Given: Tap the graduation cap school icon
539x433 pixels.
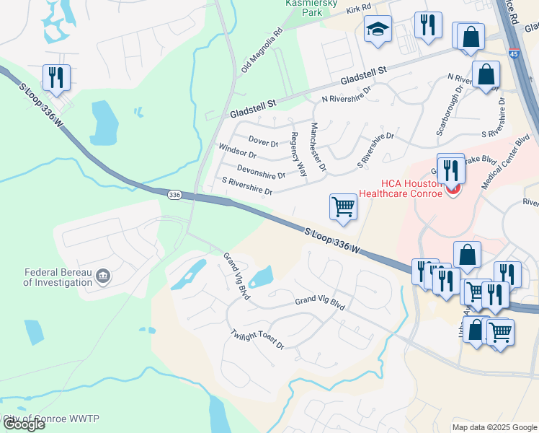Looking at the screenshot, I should pyautogui.click(x=377, y=30).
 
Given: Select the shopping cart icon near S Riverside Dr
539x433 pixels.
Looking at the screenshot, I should pyautogui.click(x=344, y=207).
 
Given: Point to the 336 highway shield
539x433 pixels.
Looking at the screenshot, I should pyautogui.click(x=174, y=195).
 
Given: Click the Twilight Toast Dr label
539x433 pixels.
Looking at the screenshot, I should pyautogui.click(x=258, y=341).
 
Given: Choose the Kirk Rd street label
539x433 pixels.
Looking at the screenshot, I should pyautogui.click(x=357, y=7).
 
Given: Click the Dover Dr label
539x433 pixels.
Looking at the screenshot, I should pyautogui.click(x=263, y=139).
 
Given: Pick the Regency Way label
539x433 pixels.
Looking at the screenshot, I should pyautogui.click(x=298, y=154).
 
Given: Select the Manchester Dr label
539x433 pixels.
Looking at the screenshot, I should pyautogui.click(x=318, y=146).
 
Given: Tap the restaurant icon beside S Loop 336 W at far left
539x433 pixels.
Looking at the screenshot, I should pyautogui.click(x=55, y=77).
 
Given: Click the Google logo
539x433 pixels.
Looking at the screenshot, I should pyautogui.click(x=24, y=424).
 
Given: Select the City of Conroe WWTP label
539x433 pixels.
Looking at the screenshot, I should pyautogui.click(x=52, y=419).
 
